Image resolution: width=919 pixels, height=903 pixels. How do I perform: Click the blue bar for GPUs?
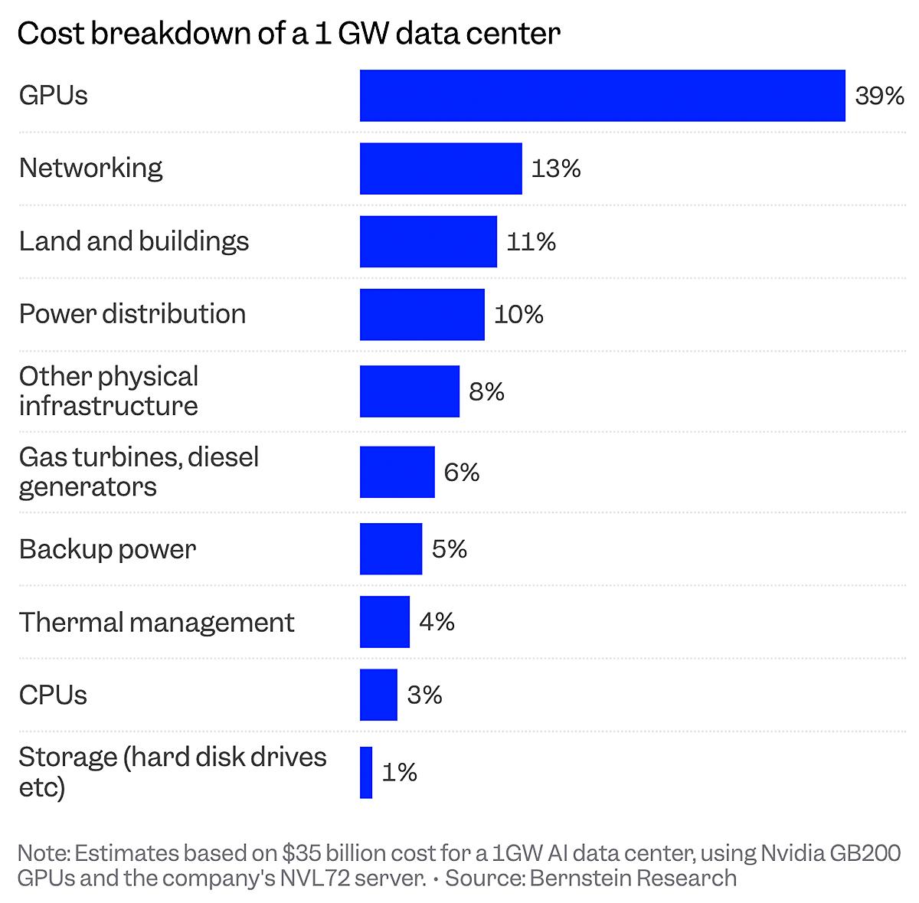point(602,96)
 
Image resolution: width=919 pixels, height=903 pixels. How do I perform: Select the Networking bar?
point(440,168)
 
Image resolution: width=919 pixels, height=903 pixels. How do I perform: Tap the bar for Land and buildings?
point(428,241)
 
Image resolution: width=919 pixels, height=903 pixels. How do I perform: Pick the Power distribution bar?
point(422,314)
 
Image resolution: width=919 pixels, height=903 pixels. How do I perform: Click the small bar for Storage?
point(366,772)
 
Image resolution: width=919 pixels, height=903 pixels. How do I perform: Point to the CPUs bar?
point(378,695)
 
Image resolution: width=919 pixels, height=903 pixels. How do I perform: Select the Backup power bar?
point(391,548)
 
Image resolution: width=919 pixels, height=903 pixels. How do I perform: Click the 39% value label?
point(879,97)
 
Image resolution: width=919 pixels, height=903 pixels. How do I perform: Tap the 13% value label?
point(556,168)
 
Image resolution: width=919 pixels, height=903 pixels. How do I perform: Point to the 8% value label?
point(486,392)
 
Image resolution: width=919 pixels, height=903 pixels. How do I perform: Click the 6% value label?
point(461,473)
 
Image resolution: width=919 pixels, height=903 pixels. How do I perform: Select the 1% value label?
point(399,772)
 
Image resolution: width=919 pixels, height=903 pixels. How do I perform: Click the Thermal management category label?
point(156,622)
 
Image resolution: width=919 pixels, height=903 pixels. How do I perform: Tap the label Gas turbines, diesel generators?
point(139,472)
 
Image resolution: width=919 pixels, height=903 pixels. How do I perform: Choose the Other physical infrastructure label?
point(109,391)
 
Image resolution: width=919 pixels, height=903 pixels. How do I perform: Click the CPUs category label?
point(53,695)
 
